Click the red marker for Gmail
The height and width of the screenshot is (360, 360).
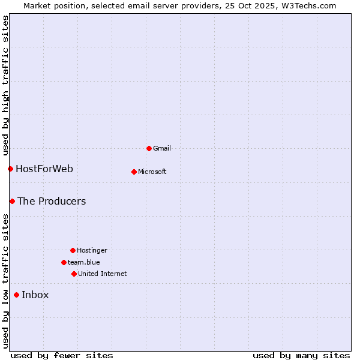coord(149,148)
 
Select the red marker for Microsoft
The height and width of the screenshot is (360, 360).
coord(134,172)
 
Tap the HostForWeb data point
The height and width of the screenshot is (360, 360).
coord(10,169)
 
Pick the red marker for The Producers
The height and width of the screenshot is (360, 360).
coord(12,201)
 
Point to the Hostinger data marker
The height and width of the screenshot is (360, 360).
coord(73,250)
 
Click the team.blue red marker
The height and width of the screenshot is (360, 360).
coord(64,262)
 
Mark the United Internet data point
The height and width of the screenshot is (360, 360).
coord(74,274)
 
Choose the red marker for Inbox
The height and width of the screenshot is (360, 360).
coord(16,295)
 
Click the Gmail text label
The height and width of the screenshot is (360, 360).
coord(162,148)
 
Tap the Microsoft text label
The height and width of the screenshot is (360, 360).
coord(152,172)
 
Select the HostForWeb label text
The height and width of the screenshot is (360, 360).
coord(44,169)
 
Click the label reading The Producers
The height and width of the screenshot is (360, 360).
coord(52,201)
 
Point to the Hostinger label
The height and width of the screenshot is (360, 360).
coord(92,250)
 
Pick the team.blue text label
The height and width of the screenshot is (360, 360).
coord(84,262)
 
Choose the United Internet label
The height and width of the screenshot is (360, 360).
coord(103,274)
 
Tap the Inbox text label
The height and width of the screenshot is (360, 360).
coord(35,295)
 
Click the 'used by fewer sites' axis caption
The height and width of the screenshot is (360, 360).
coord(62,355)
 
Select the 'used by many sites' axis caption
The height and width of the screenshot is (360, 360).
coord(301,355)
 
